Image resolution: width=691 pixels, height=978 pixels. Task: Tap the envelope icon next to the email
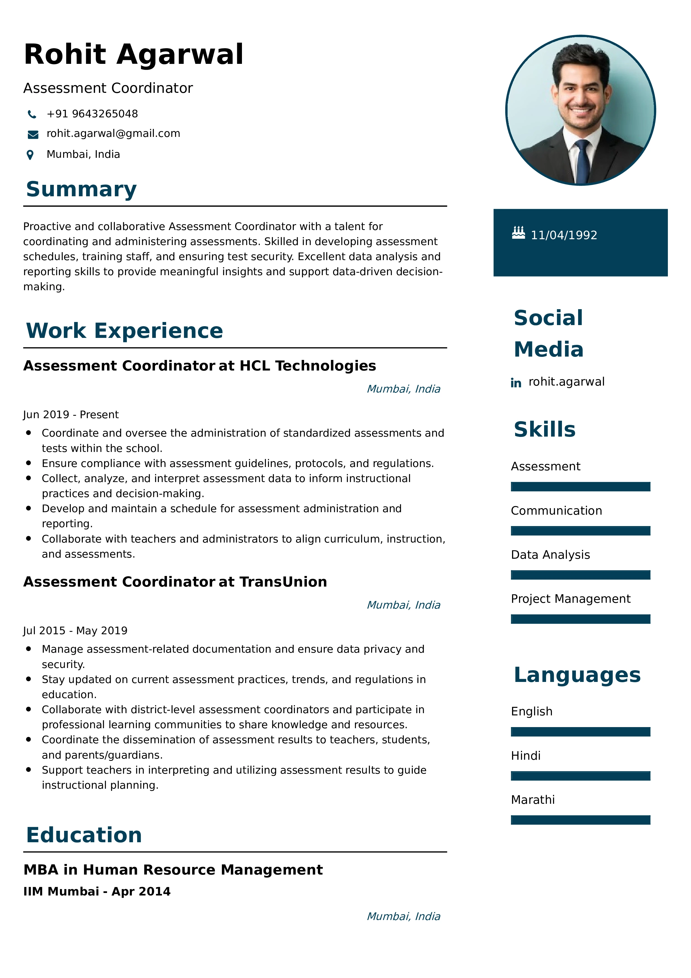pos(33,135)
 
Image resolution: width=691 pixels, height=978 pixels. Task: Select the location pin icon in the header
pos(30,155)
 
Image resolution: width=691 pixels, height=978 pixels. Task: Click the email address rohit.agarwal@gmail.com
pos(113,134)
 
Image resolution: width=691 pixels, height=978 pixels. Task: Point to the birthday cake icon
pos(518,233)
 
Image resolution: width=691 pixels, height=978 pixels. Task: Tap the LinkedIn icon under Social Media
pos(516,383)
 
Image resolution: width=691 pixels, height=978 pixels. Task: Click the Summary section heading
pos(81,189)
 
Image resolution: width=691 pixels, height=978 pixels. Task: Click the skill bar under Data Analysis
pos(580,575)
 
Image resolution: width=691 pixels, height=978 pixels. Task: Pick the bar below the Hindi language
pos(580,776)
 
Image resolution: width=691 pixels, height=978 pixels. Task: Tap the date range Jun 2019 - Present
pos(71,415)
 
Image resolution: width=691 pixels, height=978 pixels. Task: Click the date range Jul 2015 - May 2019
pos(75,631)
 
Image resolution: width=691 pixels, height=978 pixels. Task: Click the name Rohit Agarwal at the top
pos(134,55)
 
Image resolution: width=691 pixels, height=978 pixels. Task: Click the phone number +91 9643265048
pos(92,114)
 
